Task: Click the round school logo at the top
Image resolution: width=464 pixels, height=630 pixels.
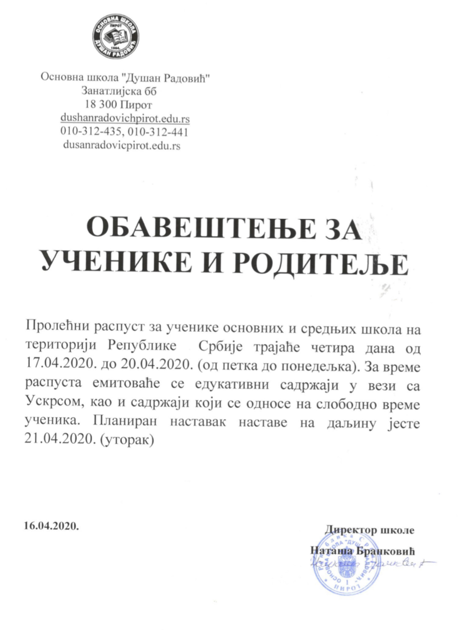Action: tap(115, 36)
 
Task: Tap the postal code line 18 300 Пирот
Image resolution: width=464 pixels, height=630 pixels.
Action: tap(118, 104)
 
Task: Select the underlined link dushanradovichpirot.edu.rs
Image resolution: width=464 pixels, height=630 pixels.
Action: tap(125, 118)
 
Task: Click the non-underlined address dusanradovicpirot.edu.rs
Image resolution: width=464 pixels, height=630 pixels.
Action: tap(122, 146)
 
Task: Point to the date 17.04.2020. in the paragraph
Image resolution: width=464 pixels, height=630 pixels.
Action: tap(53, 365)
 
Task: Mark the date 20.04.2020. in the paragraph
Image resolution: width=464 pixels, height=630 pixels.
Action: tap(134, 365)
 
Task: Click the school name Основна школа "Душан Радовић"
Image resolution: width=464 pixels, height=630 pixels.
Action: tap(125, 77)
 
